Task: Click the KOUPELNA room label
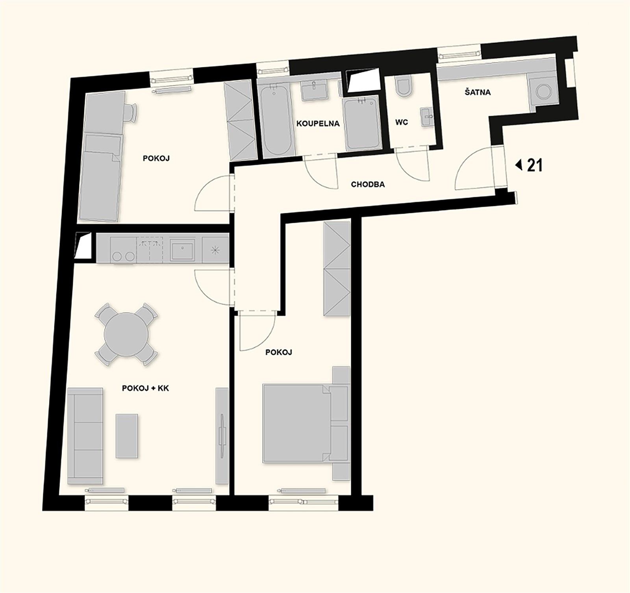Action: pyautogui.click(x=318, y=124)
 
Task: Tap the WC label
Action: pyautogui.click(x=401, y=122)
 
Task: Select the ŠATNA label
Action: pyautogui.click(x=477, y=93)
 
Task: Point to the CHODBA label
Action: pyautogui.click(x=368, y=184)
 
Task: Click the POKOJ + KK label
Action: pyautogui.click(x=145, y=388)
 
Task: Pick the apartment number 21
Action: pyautogui.click(x=534, y=166)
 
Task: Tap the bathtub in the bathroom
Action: pyautogui.click(x=277, y=120)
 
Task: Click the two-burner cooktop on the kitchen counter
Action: pyautogui.click(x=122, y=252)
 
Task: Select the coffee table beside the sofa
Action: pyautogui.click(x=127, y=435)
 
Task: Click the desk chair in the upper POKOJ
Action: pyautogui.click(x=131, y=111)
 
